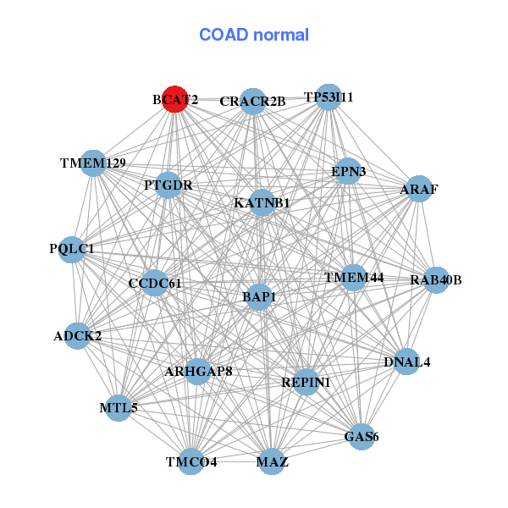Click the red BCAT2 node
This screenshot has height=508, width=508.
[x=174, y=99]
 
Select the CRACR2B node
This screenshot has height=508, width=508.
[x=252, y=102]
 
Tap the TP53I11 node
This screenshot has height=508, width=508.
[x=328, y=97]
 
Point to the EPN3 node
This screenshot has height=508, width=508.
[x=348, y=172]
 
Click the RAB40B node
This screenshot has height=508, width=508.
[x=435, y=280]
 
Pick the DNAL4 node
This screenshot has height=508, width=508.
[x=407, y=362]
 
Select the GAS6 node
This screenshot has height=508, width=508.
[x=362, y=437]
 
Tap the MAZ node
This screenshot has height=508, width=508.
[x=272, y=461]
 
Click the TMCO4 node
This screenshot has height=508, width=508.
[x=191, y=461]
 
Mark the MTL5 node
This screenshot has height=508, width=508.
[x=119, y=408]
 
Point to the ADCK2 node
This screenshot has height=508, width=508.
[x=78, y=336]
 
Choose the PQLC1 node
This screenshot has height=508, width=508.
[x=72, y=249]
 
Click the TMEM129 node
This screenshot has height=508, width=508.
[x=93, y=163]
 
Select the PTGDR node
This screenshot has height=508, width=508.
[x=168, y=185]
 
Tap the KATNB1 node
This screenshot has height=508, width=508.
[x=262, y=203]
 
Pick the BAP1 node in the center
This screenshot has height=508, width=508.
[x=259, y=297]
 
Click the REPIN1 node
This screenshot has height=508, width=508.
[x=306, y=382]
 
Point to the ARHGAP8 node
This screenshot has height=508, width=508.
[x=198, y=371]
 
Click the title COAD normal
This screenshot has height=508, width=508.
[x=254, y=36]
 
